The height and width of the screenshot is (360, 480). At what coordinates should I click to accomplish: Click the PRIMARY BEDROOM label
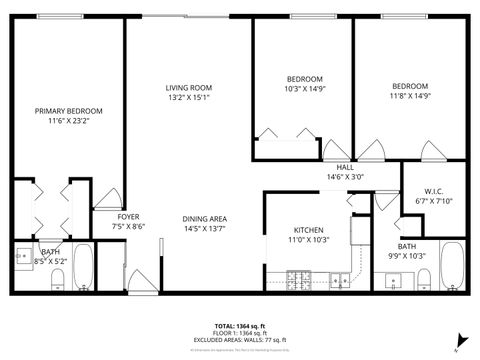69,111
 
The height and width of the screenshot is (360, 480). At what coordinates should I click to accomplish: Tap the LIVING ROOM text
189,88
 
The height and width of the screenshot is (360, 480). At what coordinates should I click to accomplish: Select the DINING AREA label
204,219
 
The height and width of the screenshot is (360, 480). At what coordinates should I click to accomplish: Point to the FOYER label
128,217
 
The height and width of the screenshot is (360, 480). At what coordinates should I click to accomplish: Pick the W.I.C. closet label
434,189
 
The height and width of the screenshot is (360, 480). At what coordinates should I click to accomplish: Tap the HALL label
344,167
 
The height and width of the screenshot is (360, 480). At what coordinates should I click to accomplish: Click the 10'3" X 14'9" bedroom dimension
305,89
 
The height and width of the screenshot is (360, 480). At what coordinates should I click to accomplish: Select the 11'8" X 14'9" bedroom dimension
409,96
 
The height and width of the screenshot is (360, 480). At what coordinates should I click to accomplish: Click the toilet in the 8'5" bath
58,277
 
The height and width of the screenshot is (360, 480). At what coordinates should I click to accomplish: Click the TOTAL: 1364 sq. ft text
239,326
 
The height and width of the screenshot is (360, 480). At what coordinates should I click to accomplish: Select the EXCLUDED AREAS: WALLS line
239,340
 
